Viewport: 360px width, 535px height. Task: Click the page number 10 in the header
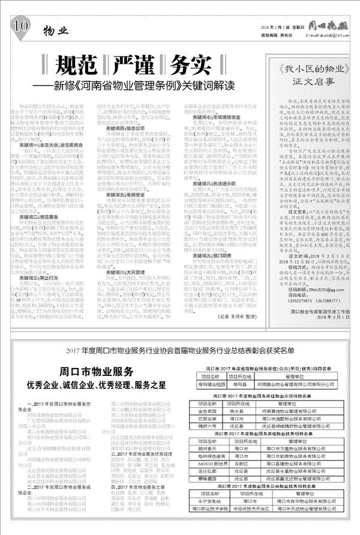tap(21, 27)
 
